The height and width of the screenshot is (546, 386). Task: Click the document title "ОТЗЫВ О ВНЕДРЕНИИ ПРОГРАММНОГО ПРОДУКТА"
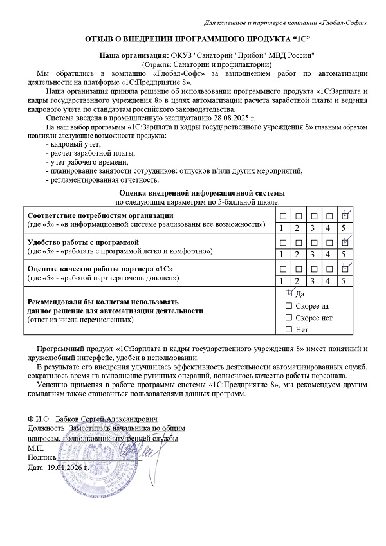coord(193,40)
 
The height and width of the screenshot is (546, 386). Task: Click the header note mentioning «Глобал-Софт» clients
coord(286,23)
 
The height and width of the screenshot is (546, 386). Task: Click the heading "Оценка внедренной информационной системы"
coord(202,193)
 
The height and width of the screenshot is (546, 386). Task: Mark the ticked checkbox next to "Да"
coord(288,293)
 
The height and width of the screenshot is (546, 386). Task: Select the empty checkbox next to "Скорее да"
coord(288,305)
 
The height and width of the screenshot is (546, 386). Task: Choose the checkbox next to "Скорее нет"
coord(288,318)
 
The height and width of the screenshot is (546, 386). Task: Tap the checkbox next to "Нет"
coord(288,330)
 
